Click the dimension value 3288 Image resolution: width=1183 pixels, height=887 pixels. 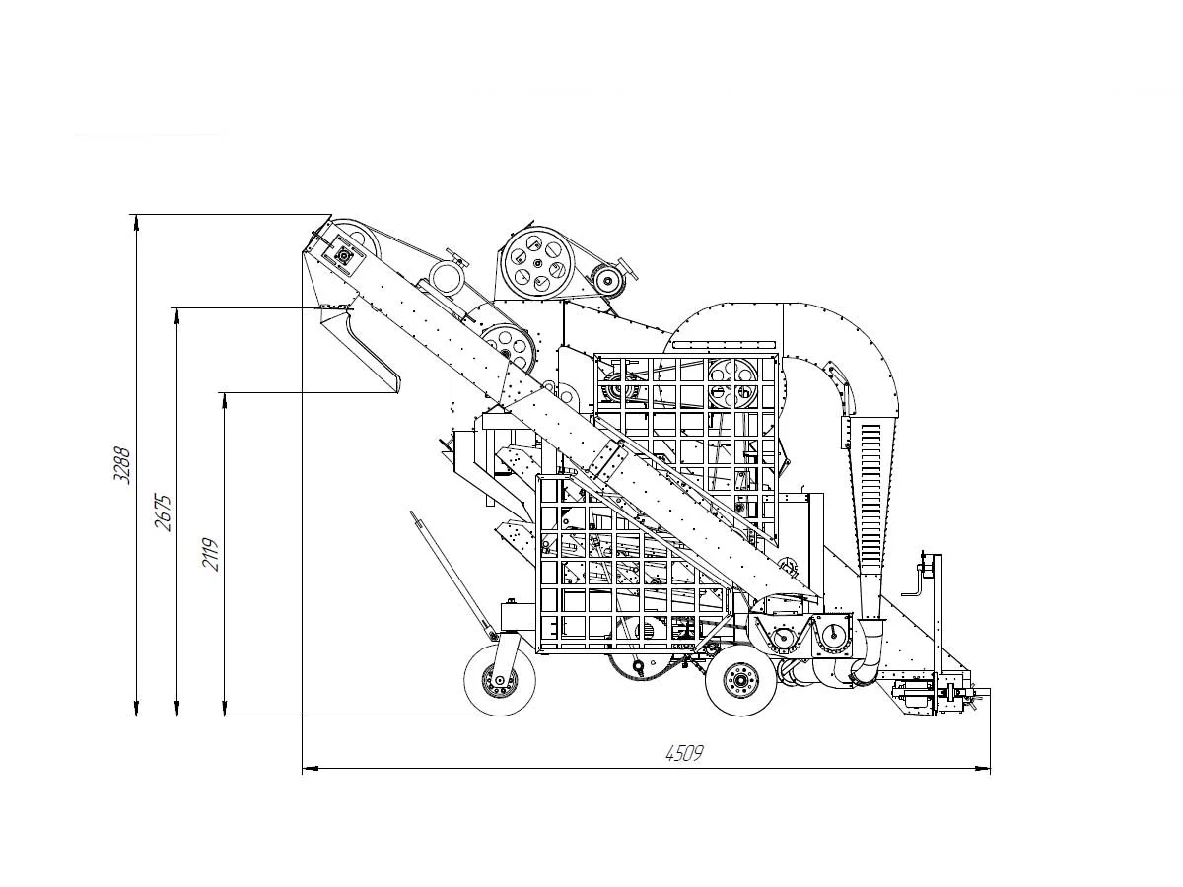click(122, 465)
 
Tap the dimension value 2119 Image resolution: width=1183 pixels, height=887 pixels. click(210, 554)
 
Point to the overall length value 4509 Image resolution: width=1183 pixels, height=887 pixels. click(684, 752)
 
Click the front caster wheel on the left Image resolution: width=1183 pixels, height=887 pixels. click(500, 680)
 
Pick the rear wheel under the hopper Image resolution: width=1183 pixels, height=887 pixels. click(741, 681)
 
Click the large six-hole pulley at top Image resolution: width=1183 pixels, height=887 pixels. click(536, 264)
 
